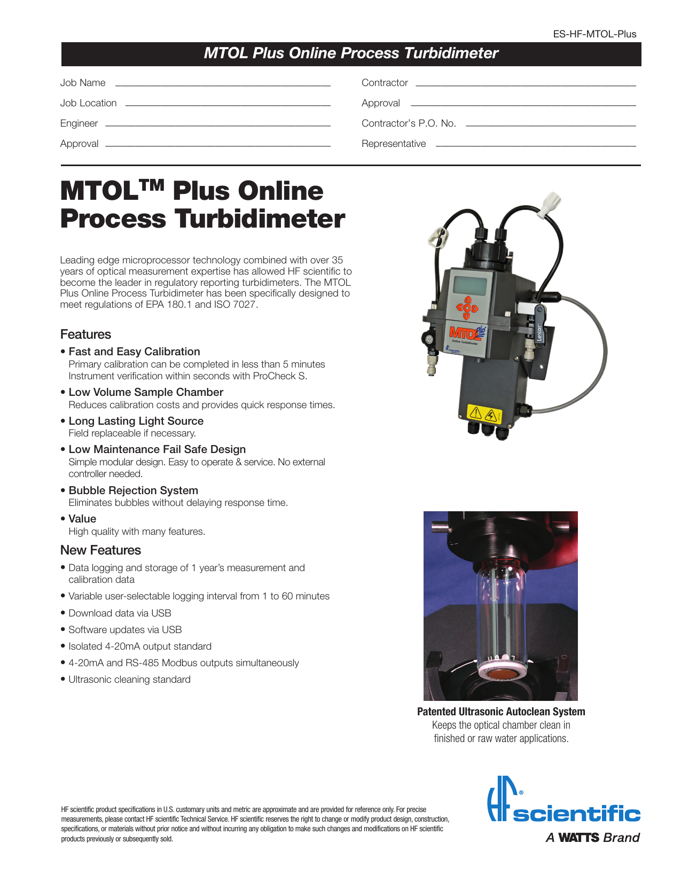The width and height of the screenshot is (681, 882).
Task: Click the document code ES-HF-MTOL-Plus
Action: tap(594, 34)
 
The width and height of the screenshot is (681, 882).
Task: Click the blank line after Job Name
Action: tap(223, 85)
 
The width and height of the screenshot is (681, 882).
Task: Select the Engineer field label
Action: tap(79, 123)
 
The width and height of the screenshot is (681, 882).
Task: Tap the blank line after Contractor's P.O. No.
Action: tap(551, 126)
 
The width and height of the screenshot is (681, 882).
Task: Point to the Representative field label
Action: tap(394, 144)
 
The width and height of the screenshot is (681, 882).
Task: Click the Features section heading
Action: tap(85, 334)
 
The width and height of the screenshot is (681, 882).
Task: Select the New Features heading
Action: tap(100, 550)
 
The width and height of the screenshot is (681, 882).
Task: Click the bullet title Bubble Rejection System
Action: tap(133, 490)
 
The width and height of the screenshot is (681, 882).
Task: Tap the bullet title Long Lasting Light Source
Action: tap(136, 421)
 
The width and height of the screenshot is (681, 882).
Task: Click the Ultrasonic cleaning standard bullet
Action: tap(129, 680)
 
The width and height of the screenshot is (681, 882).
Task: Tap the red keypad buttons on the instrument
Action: tap(467, 308)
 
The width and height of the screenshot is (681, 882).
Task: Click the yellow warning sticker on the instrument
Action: tap(483, 414)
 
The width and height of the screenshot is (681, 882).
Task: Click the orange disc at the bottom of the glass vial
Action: tap(500, 675)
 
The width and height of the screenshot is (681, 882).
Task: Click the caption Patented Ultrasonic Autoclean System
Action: tap(501, 712)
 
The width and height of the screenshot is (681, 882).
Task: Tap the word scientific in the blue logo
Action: tap(576, 815)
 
